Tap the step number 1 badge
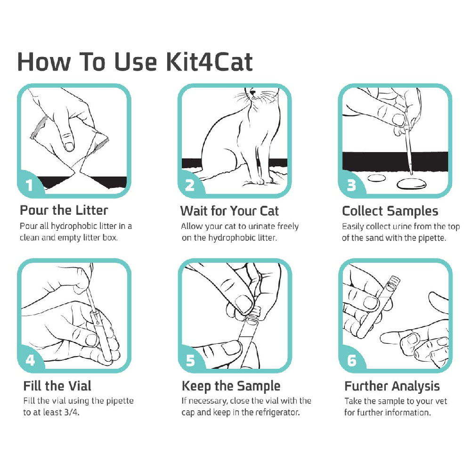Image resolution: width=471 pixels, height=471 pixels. tap(29, 185)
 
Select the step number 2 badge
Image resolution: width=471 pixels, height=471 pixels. tap(190, 185)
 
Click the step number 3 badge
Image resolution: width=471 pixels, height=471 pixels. tap(351, 185)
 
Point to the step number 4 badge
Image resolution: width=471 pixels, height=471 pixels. tap(30, 361)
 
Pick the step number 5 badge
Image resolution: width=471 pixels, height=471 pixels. tap(190, 361)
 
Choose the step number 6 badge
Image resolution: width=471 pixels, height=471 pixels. tap(351, 361)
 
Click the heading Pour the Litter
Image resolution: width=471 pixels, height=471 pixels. tap(64, 210)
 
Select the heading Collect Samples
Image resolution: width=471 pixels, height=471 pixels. tap(390, 211)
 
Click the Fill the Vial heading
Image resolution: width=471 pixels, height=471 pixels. tap(57, 386)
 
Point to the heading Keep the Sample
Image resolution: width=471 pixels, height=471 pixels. tap(231, 386)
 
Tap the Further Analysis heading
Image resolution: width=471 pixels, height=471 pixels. tap(392, 386)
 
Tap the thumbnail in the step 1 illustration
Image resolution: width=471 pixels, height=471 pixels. tap(69, 146)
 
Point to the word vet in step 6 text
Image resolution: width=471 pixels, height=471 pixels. tap(441, 401)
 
